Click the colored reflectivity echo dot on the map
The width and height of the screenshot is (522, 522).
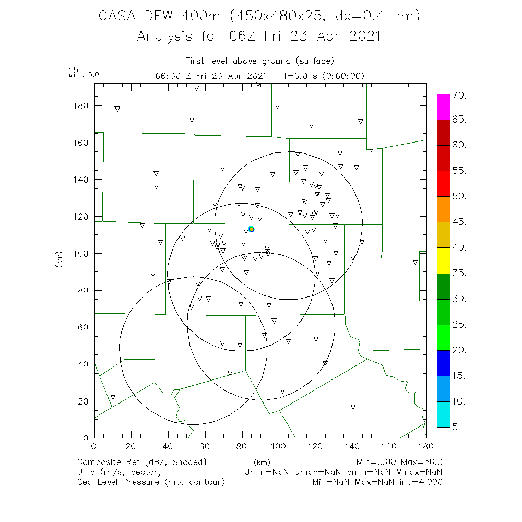[x=251, y=229]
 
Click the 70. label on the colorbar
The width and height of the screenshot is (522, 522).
[x=459, y=96]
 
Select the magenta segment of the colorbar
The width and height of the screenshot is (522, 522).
[x=443, y=107]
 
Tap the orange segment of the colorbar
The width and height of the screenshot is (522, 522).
[x=443, y=209]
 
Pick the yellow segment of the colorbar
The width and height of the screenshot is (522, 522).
[x=443, y=260]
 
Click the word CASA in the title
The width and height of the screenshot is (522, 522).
[x=118, y=16]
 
